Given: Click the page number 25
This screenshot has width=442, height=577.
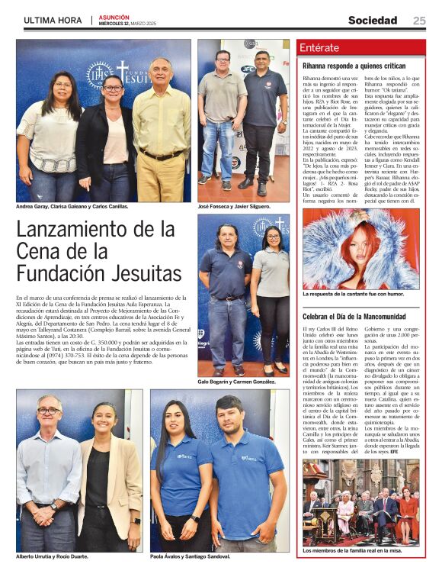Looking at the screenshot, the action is pyautogui.click(x=419, y=21).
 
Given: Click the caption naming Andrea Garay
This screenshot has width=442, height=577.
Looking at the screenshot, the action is pyautogui.click(x=72, y=207).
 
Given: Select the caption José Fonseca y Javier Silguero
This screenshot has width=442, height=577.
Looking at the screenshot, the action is pyautogui.click(x=232, y=207).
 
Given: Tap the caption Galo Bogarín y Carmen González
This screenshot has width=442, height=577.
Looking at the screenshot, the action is pyautogui.click(x=236, y=381).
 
